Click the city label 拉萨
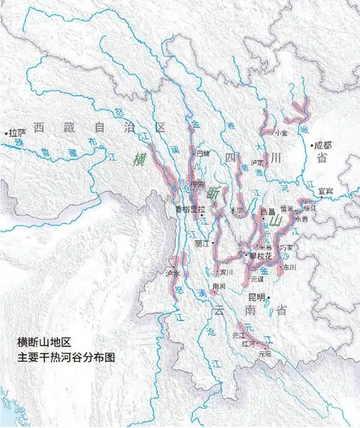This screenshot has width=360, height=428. pos(18,133)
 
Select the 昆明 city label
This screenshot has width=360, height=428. pos(257,296)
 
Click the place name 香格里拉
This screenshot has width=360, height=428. pos(190,210)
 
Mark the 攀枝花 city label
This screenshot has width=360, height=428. pos(259,256)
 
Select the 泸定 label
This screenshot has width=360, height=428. pos(257,163)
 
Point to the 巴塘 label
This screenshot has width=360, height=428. pos(204,153)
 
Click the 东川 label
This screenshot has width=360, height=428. pos(289,267)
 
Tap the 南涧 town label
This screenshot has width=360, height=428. pos(220,286)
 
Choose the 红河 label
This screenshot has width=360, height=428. pos(248,344)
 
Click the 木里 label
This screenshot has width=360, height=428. pos(237,210)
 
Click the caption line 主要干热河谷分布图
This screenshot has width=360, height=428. pos(66,357)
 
